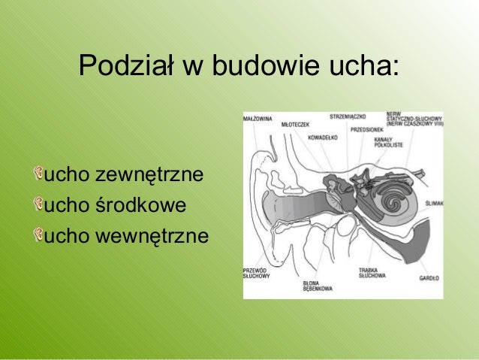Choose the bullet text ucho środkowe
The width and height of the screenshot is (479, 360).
point(116,204)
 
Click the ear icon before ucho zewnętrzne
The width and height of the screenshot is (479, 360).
point(38,175)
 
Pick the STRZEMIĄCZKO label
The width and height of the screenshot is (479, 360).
point(347,116)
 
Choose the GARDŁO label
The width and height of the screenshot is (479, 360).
point(429,279)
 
